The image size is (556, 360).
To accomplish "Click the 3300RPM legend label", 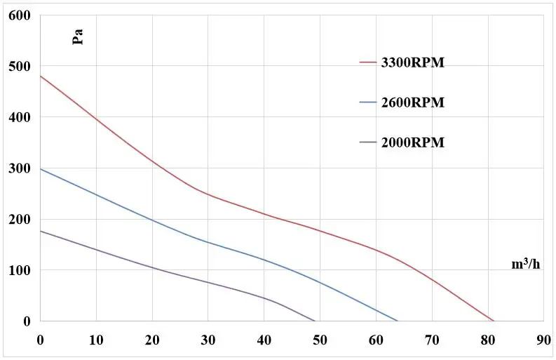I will [x=412, y=62].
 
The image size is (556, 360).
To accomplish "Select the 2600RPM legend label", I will [x=412, y=102].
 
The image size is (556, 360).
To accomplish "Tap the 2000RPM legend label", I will [x=412, y=142].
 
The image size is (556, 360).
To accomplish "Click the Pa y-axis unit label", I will [x=79, y=36].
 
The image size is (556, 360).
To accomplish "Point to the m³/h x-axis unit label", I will [x=525, y=265].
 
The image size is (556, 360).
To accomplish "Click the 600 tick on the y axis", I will [x=20, y=15].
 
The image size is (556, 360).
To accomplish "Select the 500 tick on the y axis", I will [x=20, y=67].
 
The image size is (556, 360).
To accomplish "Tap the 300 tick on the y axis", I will [x=20, y=168].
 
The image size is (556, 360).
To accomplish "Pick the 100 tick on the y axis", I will [x=20, y=270].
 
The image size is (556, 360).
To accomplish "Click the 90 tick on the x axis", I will [x=543, y=340].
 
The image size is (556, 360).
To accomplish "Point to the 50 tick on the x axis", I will [x=320, y=340].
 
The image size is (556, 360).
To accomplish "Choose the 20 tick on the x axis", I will [x=152, y=340].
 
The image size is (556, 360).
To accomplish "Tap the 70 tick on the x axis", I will [x=432, y=340].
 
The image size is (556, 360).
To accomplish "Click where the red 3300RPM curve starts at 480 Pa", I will [x=41, y=76].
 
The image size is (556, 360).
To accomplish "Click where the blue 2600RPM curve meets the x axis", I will [x=398, y=321].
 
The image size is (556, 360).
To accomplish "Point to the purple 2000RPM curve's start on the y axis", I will [x=41, y=231].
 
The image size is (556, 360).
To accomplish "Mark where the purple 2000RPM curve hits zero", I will [x=316, y=321].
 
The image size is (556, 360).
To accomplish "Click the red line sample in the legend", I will [x=368, y=62].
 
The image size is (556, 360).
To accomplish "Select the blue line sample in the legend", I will [x=368, y=102].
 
